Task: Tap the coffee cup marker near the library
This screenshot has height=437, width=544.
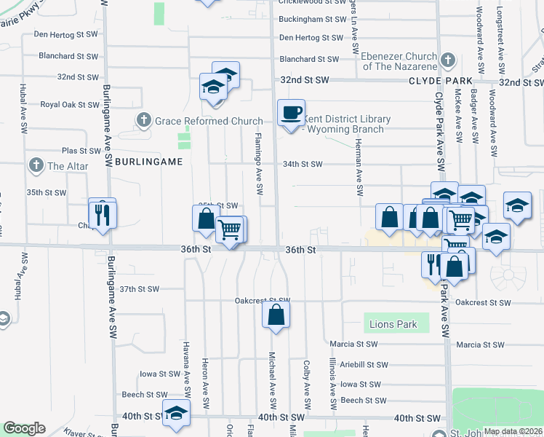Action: click(292, 113)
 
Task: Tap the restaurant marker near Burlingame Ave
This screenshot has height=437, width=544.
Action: click(103, 214)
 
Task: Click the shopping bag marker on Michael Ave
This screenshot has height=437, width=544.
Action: click(276, 316)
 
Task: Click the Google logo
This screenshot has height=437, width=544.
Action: click(25, 428)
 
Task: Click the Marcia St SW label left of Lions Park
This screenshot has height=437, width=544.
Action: click(353, 344)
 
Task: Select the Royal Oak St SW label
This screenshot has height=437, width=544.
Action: click(69, 104)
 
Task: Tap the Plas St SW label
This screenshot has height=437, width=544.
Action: click(79, 151)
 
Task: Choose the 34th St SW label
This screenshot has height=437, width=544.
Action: click(303, 164)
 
